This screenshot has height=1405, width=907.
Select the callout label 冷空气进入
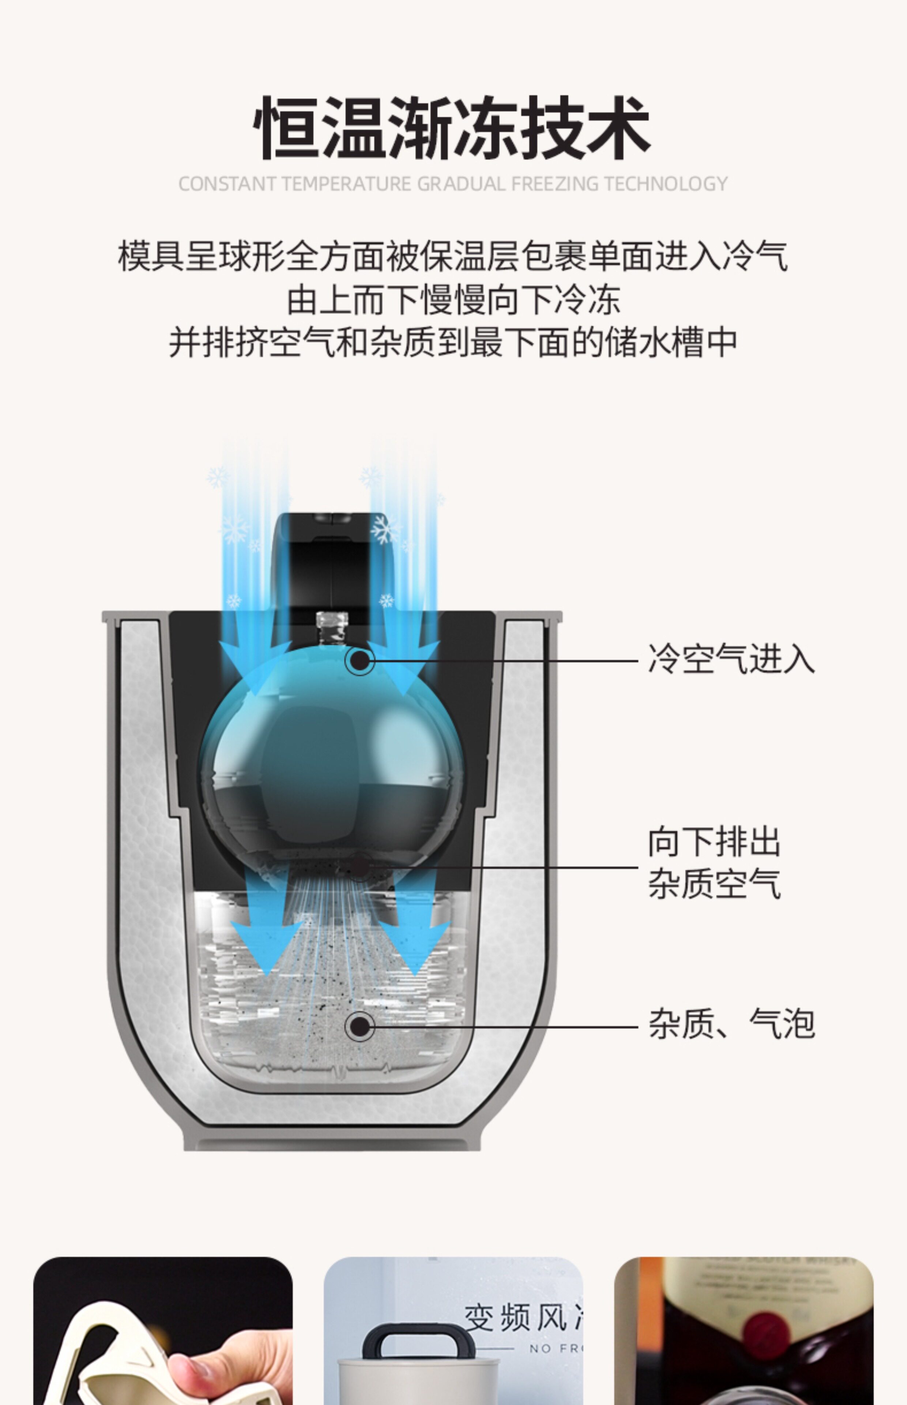(x=731, y=659)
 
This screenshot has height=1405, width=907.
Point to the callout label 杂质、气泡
(x=731, y=1024)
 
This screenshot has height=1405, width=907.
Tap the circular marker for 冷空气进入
(x=359, y=660)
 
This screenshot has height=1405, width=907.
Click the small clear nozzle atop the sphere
(x=332, y=627)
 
